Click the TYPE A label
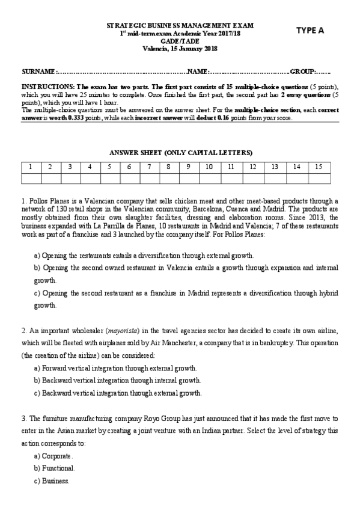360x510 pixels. tap(310, 29)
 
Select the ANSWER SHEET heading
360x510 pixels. tap(180, 152)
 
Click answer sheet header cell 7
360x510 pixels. tap(149, 166)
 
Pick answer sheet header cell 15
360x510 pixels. tap(319, 166)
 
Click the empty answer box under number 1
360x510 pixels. tap(31, 177)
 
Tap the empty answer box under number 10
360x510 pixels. tap(209, 177)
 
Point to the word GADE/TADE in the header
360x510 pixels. tap(180, 42)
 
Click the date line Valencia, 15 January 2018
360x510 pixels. tap(180, 49)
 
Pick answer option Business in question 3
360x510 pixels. tap(55, 481)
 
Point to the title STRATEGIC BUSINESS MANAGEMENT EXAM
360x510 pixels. tap(180, 26)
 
